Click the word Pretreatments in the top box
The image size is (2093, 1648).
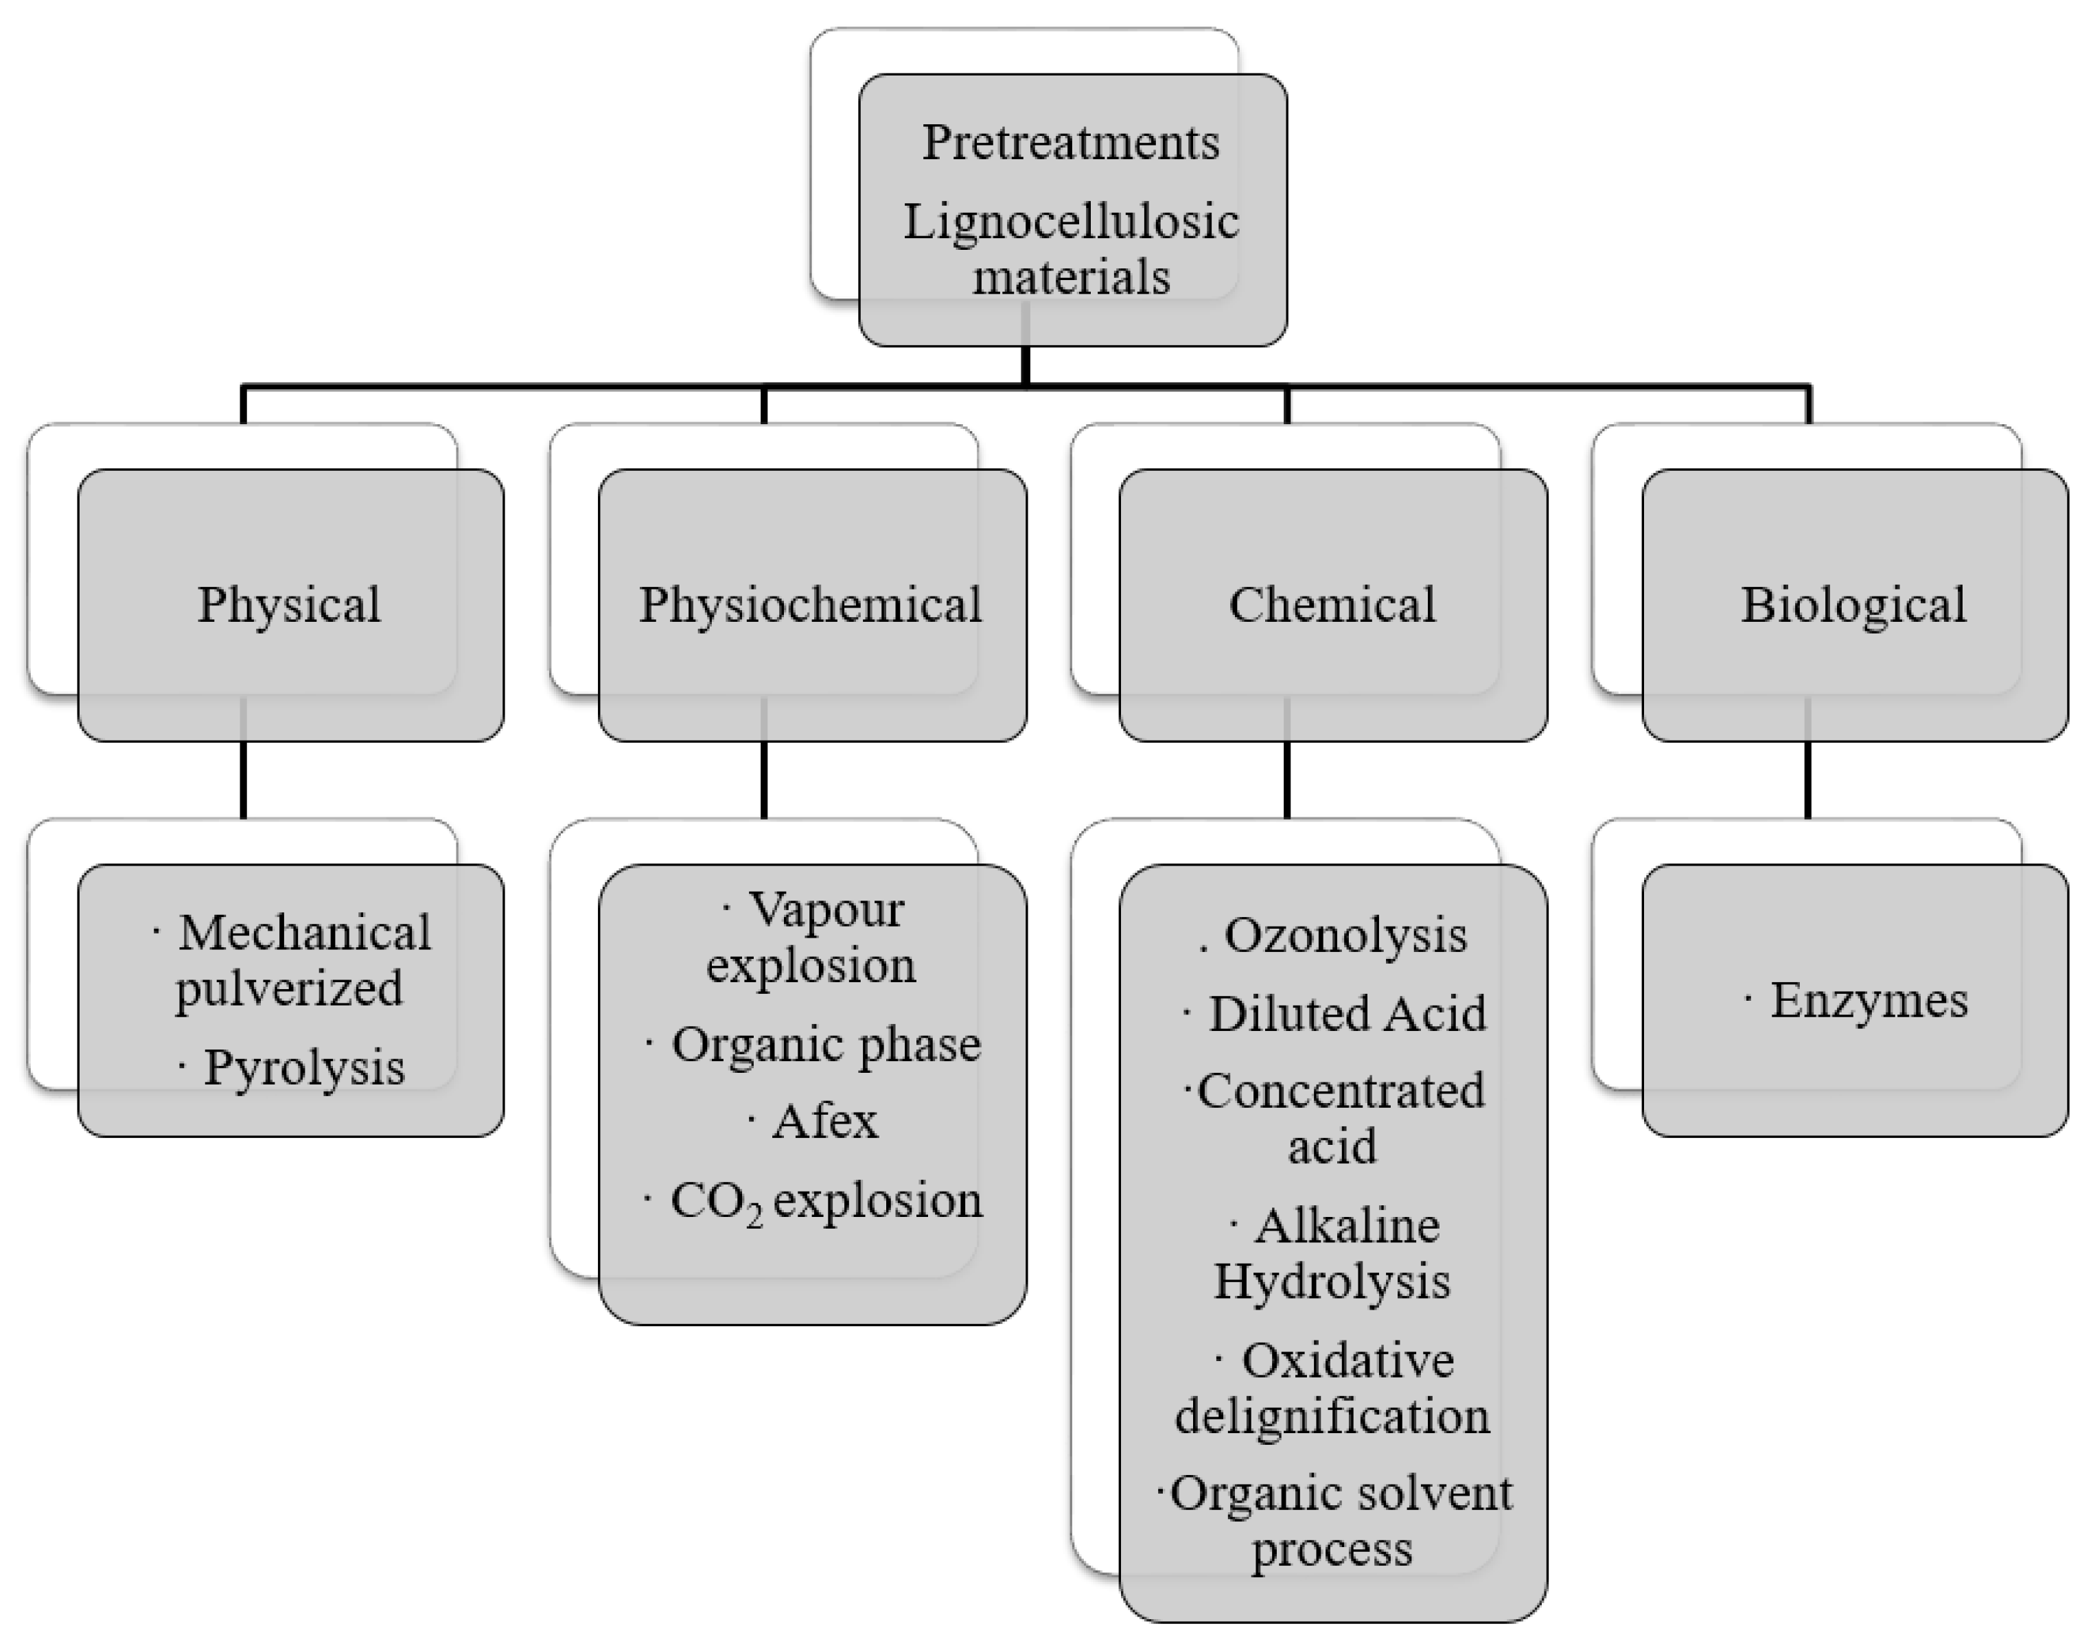tap(1070, 143)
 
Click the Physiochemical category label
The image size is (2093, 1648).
tap(811, 605)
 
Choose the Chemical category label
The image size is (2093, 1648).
tap(1332, 605)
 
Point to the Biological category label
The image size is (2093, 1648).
tap(1853, 605)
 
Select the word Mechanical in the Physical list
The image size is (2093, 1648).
tap(305, 933)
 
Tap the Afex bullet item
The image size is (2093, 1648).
tap(825, 1121)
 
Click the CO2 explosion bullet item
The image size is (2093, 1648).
tap(825, 1201)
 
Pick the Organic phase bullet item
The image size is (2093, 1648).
tap(825, 1044)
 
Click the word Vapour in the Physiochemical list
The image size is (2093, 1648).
tap(827, 909)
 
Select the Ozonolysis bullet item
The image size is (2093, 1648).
tap(1344, 935)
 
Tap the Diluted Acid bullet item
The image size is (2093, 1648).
tap(1346, 1014)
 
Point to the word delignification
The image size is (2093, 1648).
tap(1332, 1417)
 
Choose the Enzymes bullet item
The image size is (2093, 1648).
tap(1868, 999)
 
